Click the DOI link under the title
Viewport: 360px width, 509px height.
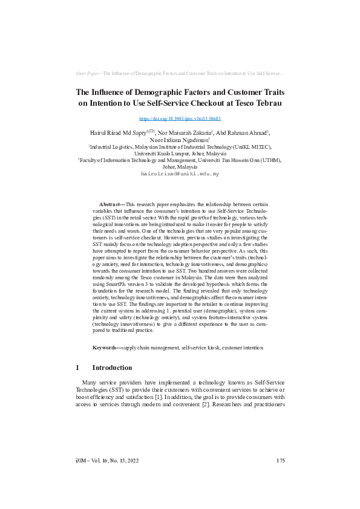pyautogui.click(x=180, y=120)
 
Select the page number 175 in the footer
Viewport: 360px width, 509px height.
pyautogui.click(x=280, y=461)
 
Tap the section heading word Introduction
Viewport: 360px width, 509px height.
pyautogui.click(x=112, y=368)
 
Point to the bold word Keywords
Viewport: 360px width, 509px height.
pyautogui.click(x=106, y=349)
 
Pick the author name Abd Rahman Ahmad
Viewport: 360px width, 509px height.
pyautogui.click(x=242, y=132)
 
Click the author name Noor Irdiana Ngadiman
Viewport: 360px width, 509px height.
pyautogui.click(x=178, y=139)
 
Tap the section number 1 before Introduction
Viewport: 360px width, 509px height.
pyautogui.click(x=77, y=368)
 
